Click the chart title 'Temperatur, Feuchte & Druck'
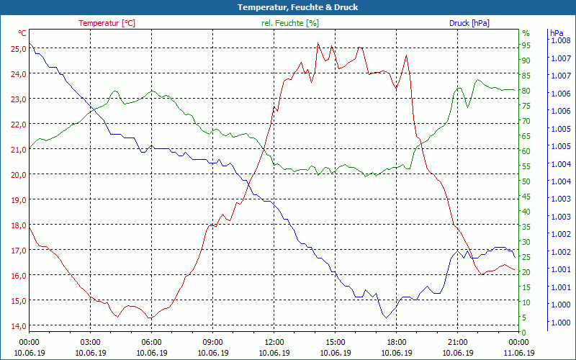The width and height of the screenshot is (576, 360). tap(288, 7)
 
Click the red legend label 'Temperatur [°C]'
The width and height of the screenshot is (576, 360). tap(107, 23)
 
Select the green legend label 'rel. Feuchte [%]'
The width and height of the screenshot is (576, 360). tap(290, 23)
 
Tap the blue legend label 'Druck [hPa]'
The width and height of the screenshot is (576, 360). tap(469, 23)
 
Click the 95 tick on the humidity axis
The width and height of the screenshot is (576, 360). tap(526, 45)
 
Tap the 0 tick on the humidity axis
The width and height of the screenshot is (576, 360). tap(524, 332)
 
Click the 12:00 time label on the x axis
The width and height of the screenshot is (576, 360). tap(274, 342)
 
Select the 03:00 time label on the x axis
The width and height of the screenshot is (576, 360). tap(90, 342)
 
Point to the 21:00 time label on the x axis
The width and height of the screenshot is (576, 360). tap(458, 342)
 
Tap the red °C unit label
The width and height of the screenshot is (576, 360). tap(22, 33)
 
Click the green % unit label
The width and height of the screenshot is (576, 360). tap(526, 33)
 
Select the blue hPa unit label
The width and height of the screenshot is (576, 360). tap(557, 33)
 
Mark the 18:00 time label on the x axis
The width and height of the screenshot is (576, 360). tap(397, 342)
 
